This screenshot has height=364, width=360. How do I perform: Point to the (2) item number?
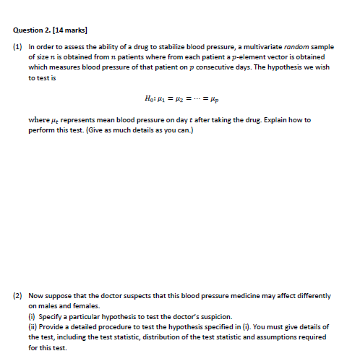(18, 296)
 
